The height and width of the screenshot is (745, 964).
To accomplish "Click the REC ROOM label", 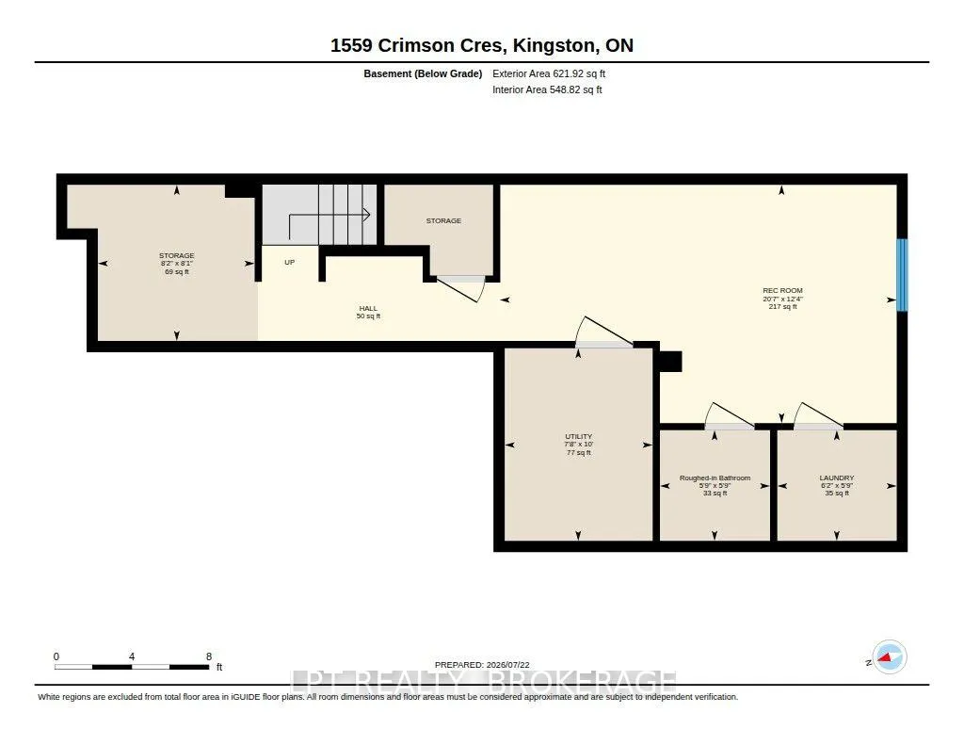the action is pyautogui.click(x=782, y=290).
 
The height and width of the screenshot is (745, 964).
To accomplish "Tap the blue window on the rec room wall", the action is pyautogui.click(x=902, y=275).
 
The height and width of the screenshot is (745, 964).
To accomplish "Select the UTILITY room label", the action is pyautogui.click(x=579, y=436).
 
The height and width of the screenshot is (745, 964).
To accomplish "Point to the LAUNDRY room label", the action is pyautogui.click(x=837, y=478).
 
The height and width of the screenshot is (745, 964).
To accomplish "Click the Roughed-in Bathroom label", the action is pyautogui.click(x=715, y=478).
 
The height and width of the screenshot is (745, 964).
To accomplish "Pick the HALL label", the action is pyautogui.click(x=368, y=308).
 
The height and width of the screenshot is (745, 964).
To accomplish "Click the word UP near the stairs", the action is pyautogui.click(x=290, y=262).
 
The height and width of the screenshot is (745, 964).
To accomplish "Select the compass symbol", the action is pyautogui.click(x=889, y=657).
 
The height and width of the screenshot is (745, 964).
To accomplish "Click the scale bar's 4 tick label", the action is pyautogui.click(x=132, y=656).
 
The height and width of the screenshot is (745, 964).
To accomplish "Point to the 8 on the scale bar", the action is pyautogui.click(x=209, y=656).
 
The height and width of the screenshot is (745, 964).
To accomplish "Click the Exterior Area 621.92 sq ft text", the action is pyautogui.click(x=549, y=73).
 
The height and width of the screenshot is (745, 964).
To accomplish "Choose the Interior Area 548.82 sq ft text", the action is pyautogui.click(x=547, y=89).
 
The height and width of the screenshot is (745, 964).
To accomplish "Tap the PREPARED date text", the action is pyautogui.click(x=482, y=664).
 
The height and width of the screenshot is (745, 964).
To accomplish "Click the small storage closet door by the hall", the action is pyautogui.click(x=459, y=289).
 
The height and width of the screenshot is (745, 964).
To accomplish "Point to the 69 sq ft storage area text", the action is pyautogui.click(x=177, y=271).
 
